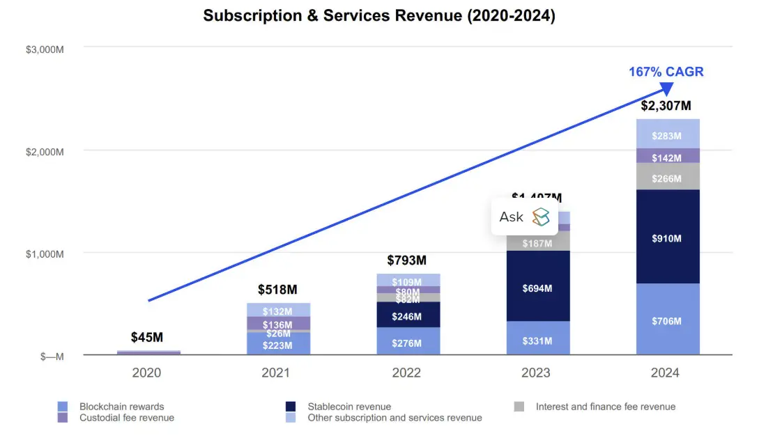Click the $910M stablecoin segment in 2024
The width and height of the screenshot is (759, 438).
[668, 238]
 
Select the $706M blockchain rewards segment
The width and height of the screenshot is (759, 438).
[668, 321]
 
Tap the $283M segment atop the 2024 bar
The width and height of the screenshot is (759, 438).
[668, 136]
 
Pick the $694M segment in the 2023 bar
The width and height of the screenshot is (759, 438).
[537, 288]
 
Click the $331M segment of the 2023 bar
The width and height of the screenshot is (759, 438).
[537, 341]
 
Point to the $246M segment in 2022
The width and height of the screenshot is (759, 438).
[407, 316]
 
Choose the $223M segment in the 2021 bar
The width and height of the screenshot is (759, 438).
[277, 345]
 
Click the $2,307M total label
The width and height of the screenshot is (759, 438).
[666, 106]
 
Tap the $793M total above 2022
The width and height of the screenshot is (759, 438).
[406, 260]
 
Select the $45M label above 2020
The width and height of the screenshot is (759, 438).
[147, 338]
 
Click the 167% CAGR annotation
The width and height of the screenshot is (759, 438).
[666, 72]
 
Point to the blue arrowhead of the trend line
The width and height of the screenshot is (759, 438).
[666, 88]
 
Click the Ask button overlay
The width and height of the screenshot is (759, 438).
[524, 217]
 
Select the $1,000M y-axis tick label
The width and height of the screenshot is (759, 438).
[46, 254]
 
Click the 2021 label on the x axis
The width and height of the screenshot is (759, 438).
[276, 373]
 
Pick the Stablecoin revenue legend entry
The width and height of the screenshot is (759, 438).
[348, 407]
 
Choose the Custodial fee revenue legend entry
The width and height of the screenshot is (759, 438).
[126, 418]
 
